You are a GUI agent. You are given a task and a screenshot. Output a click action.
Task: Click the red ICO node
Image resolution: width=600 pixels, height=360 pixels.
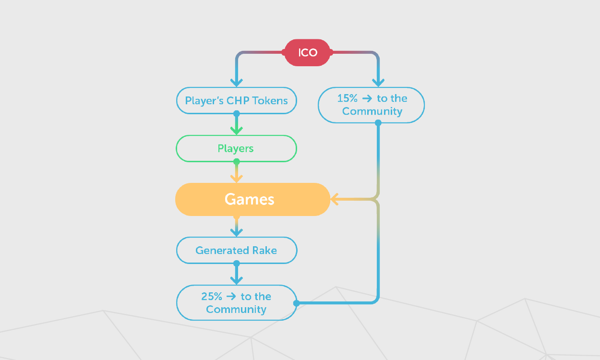[x=307, y=52]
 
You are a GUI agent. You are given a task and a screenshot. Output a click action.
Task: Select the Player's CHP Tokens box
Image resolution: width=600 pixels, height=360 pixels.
[x=236, y=101]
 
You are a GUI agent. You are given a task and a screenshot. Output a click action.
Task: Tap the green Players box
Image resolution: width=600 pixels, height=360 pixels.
[x=236, y=148]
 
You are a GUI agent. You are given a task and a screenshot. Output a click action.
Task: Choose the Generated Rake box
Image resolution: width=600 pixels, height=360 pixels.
[x=236, y=250]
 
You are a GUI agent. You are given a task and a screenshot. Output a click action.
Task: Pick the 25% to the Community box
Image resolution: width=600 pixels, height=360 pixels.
[x=236, y=303]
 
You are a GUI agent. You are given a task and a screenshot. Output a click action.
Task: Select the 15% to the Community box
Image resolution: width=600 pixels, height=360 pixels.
[x=372, y=105]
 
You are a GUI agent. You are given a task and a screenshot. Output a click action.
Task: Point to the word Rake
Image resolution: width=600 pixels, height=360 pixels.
[x=265, y=250]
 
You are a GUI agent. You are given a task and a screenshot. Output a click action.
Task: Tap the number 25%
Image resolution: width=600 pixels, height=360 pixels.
[x=212, y=297]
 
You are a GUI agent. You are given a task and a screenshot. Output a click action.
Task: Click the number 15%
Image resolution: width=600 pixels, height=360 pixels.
[x=348, y=98]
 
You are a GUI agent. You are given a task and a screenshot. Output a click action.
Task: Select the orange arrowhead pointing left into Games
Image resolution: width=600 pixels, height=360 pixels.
[x=334, y=199]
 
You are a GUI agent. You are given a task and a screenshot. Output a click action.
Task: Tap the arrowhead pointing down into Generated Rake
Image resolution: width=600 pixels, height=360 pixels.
[x=236, y=232]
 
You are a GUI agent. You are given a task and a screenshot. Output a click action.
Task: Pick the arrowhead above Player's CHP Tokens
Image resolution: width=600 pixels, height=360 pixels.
[x=236, y=82]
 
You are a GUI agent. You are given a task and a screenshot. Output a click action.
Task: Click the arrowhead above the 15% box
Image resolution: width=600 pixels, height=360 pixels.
[x=378, y=82]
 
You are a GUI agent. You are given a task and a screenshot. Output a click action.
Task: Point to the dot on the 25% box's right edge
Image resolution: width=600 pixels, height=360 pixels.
[x=296, y=303]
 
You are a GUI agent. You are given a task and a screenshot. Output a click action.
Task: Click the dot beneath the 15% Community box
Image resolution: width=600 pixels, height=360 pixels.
[x=378, y=123]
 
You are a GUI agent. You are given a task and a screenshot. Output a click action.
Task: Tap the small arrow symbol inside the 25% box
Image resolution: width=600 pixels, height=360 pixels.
[x=230, y=297]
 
